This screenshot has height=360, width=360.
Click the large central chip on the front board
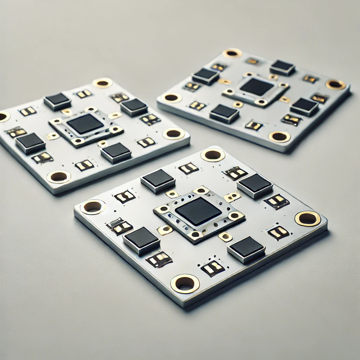[198, 211]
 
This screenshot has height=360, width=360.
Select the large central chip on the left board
[85, 124]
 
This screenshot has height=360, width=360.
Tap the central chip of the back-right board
[257, 86]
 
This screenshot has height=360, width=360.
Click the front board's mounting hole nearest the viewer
[185, 283]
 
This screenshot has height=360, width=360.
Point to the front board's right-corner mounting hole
[308, 218]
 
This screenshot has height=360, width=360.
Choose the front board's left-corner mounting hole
[93, 207]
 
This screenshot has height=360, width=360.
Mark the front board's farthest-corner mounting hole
[213, 155]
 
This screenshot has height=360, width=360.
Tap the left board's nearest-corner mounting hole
[59, 177]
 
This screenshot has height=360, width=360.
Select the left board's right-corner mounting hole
[174, 134]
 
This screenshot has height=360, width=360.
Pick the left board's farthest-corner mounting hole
[102, 83]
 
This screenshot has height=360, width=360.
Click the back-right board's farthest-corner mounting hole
[232, 53]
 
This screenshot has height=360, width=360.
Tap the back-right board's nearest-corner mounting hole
[279, 136]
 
